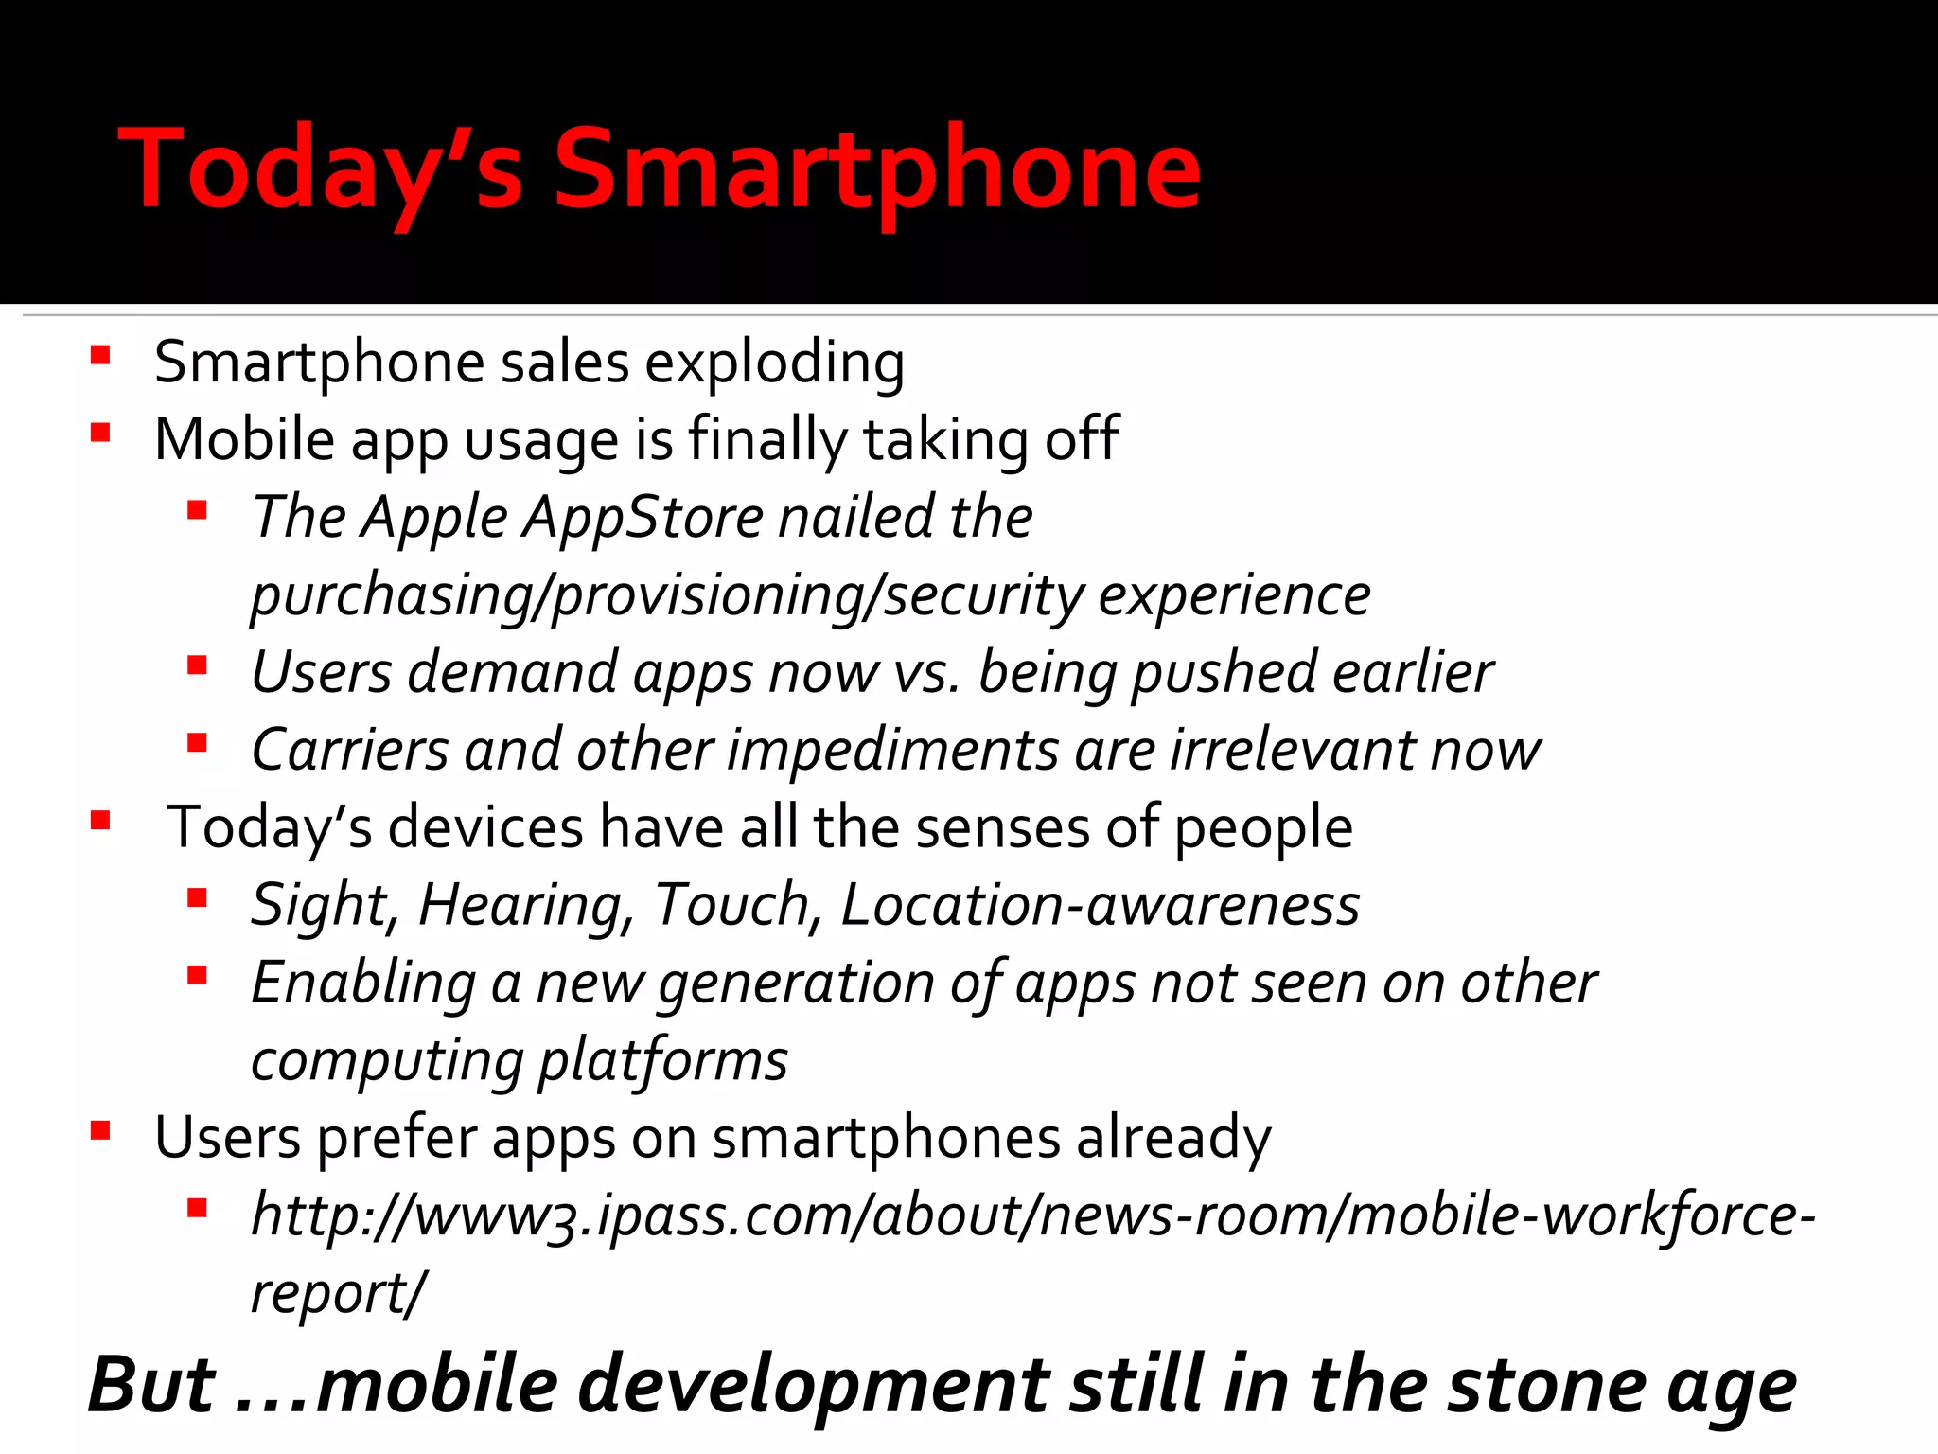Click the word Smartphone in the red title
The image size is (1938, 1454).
pos(876,170)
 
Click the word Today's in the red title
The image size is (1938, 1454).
pos(322,170)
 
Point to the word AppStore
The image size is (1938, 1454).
pos(643,518)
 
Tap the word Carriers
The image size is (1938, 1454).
pos(350,751)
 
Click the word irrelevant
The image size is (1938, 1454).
pos(1293,751)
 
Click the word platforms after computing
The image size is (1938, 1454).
pos(663,1061)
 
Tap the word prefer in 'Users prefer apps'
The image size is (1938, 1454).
pos(396,1139)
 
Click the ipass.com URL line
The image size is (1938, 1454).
pos(1031,1216)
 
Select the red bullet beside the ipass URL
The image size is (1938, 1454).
pos(197,1209)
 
